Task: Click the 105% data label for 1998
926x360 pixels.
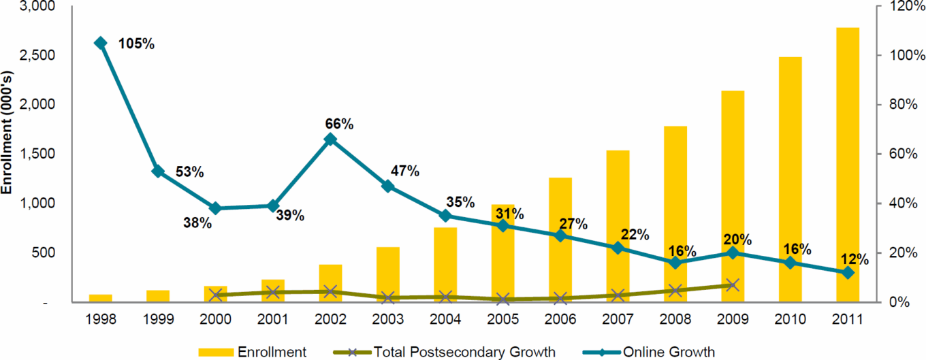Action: (136, 44)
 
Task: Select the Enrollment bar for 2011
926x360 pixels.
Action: (848, 163)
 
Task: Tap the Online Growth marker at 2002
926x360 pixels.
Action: (330, 140)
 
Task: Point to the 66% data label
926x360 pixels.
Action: (338, 124)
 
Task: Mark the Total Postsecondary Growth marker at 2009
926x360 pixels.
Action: (732, 285)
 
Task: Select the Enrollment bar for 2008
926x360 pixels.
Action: (675, 214)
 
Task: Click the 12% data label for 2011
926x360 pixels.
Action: (855, 259)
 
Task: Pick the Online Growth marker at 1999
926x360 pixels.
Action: (158, 171)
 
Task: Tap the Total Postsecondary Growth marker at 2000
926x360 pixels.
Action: (216, 295)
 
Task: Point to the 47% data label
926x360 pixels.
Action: (404, 171)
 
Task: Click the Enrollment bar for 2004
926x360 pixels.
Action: (445, 265)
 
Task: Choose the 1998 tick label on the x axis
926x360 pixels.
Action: (101, 319)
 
